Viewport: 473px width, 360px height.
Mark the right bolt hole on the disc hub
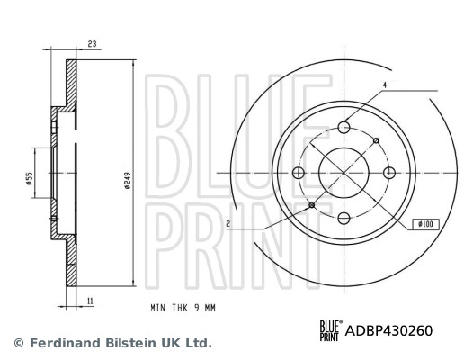click(x=389, y=172)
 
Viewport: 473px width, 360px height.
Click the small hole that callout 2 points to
click(x=312, y=205)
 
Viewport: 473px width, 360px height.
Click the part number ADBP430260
click(x=389, y=330)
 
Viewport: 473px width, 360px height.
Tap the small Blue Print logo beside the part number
click(x=328, y=330)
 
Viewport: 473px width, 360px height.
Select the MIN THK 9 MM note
click(x=184, y=307)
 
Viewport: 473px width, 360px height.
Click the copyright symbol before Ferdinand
click(x=17, y=343)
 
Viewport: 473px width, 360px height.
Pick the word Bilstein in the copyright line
click(x=129, y=343)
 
